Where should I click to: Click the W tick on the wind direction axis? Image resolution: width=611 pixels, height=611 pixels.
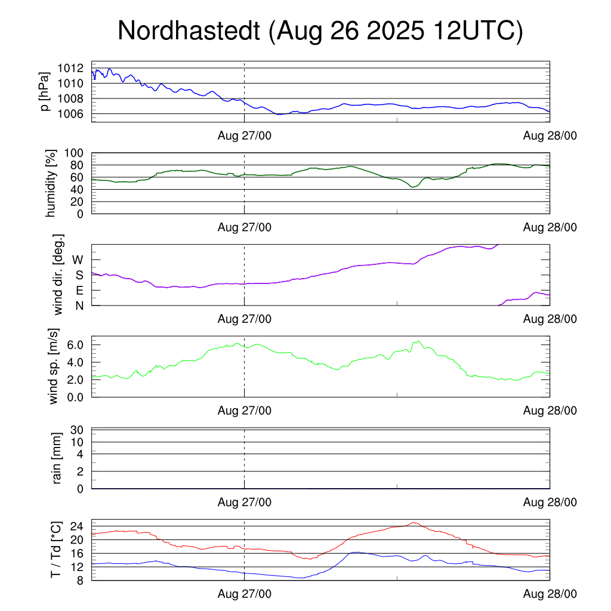click(x=78, y=260)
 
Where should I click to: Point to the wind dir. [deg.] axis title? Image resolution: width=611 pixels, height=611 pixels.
click(x=58, y=275)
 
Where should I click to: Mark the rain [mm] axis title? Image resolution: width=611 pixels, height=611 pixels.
click(x=58, y=458)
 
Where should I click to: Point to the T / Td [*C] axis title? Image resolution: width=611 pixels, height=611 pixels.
click(x=55, y=550)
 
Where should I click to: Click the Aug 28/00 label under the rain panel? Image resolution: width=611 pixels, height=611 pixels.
click(x=550, y=502)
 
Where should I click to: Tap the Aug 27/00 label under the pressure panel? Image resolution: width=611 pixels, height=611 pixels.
click(x=245, y=136)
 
